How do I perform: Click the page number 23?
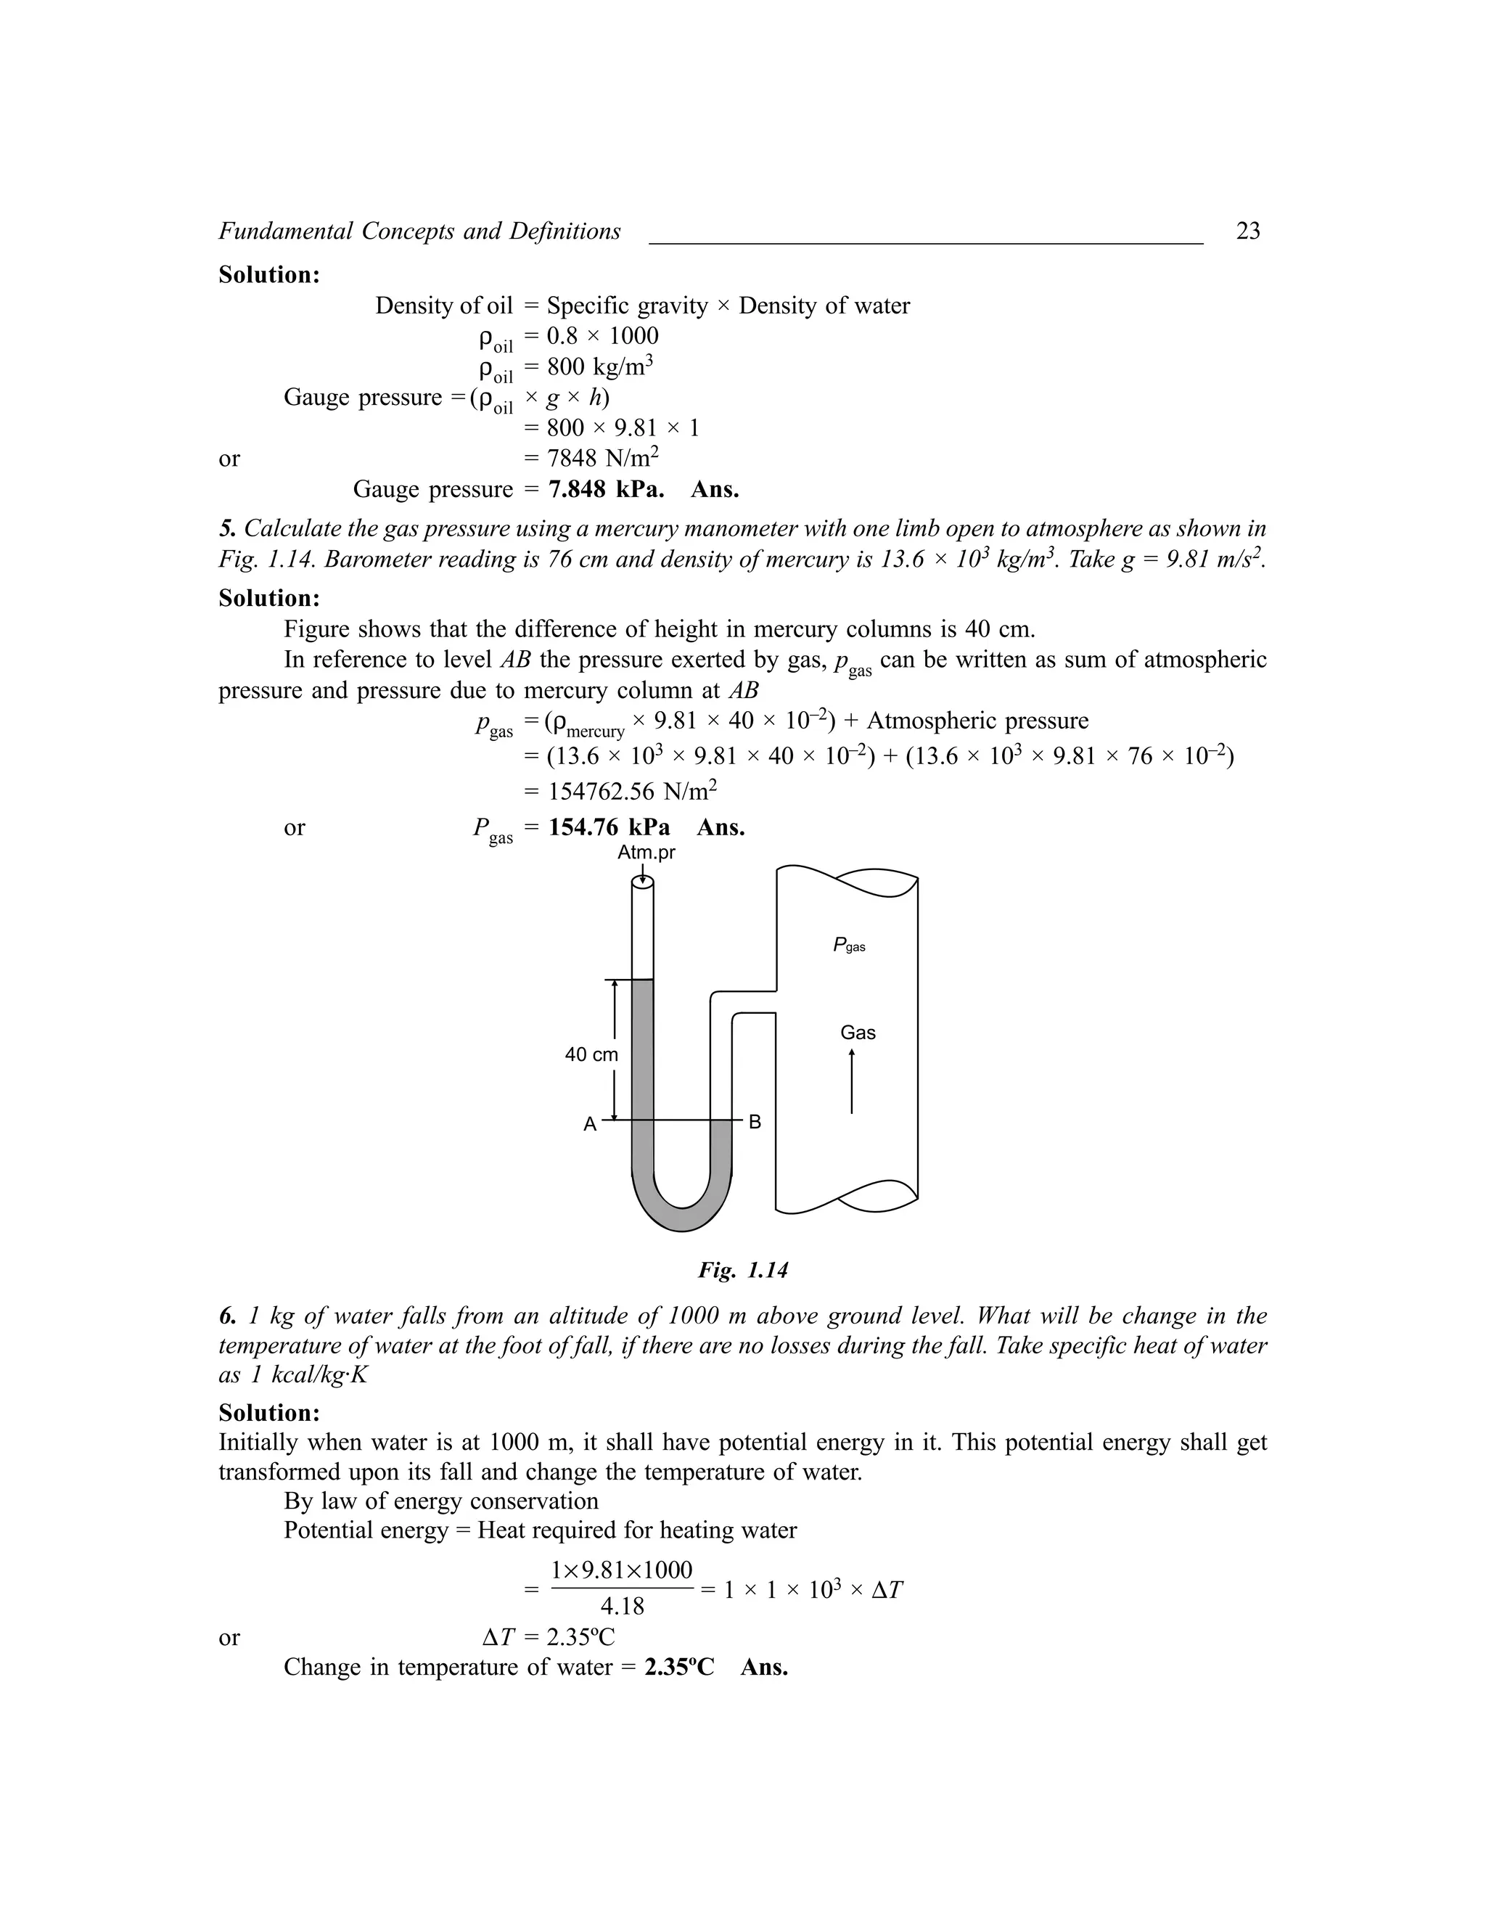pos(1247,231)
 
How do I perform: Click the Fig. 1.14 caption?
pos(742,1270)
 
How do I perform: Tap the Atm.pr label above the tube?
pos(646,853)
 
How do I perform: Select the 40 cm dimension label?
pos(591,1055)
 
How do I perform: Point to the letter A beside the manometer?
pos(590,1125)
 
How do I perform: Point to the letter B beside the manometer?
pos(755,1123)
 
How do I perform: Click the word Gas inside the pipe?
pos(858,1033)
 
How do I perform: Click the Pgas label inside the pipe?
pos(849,946)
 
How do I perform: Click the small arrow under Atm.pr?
pos(644,874)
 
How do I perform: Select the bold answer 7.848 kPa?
pos(606,490)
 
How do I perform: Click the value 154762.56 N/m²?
pos(632,792)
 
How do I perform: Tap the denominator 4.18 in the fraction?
pos(622,1607)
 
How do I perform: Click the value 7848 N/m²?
pos(603,458)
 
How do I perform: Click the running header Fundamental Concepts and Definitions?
pos(419,231)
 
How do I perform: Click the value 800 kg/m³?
pos(599,366)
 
